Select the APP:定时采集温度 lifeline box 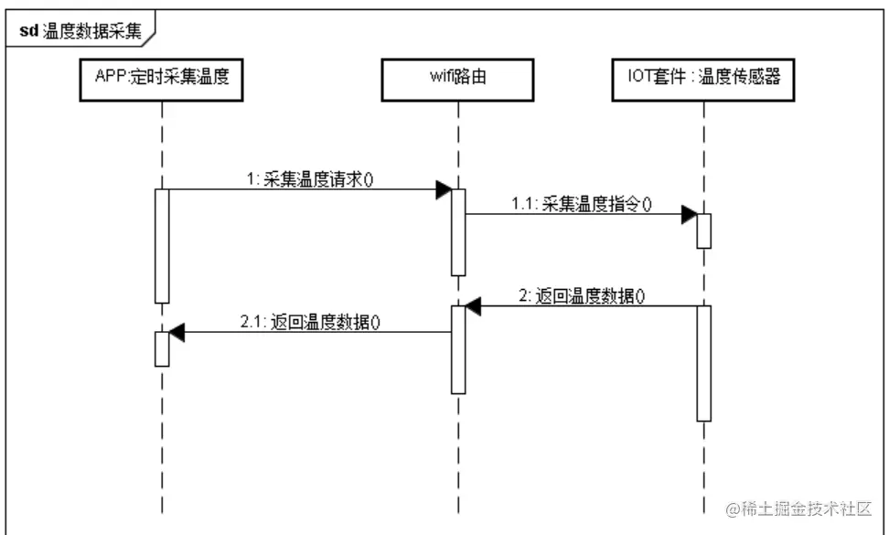pos(161,80)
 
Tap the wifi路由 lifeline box pos(458,80)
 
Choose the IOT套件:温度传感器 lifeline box pos(703,80)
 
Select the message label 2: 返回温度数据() pos(581,295)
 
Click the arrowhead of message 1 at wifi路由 pos(444,189)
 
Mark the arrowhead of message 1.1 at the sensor pos(689,215)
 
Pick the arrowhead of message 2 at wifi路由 pos(473,306)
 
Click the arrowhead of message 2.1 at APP pos(177,332)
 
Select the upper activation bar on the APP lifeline pos(162,245)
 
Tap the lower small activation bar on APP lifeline pos(162,348)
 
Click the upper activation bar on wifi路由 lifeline pos(458,231)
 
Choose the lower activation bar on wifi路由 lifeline pos(458,349)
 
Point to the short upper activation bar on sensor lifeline pos(703,231)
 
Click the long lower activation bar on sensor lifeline pos(703,363)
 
